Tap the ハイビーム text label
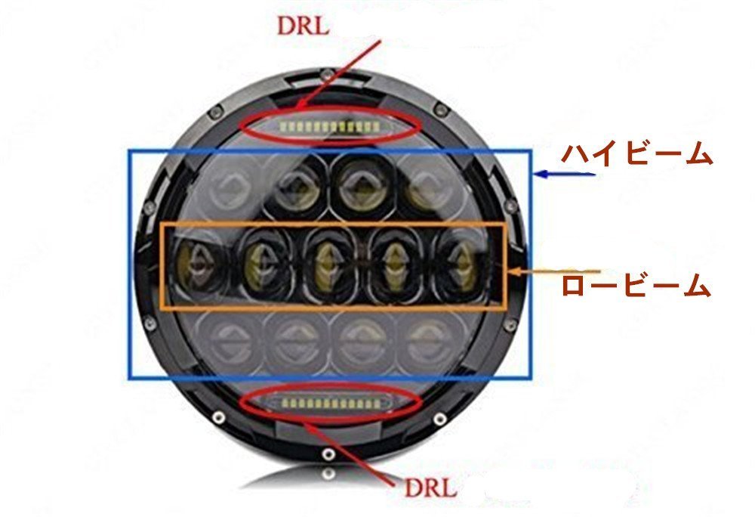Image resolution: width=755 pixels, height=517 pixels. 636,155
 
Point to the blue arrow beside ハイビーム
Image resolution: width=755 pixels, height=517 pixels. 565,175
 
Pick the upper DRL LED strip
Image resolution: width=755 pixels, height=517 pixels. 329,125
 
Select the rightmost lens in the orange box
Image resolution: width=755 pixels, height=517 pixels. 458,265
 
